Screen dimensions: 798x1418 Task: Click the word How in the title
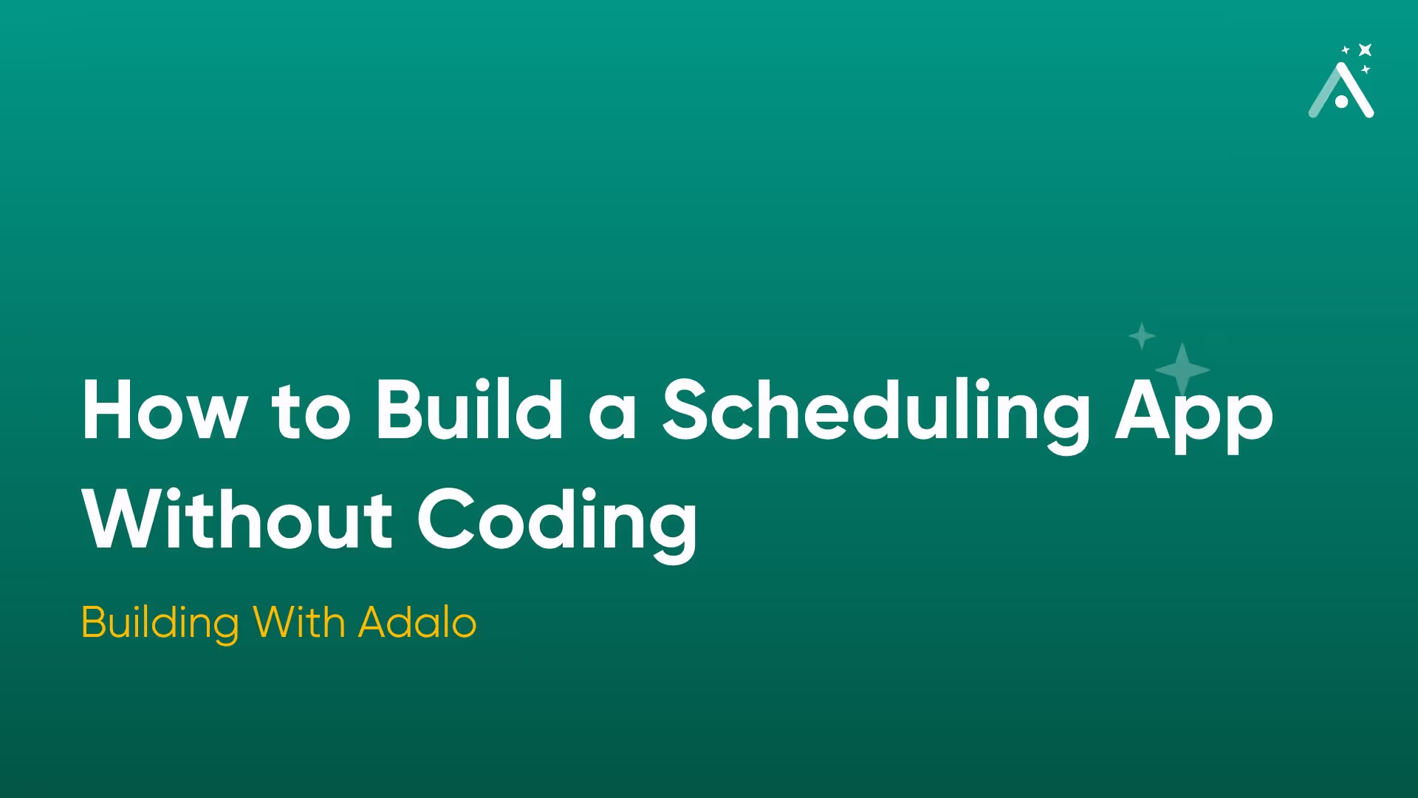coord(164,411)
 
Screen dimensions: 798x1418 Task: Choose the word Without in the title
coord(237,520)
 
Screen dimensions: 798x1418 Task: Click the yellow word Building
coord(160,623)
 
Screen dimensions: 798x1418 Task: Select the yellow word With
coord(298,622)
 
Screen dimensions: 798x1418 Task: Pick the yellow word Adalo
coord(417,622)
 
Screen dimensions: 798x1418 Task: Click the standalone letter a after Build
coord(612,418)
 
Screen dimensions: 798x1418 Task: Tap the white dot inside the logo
coord(1342,102)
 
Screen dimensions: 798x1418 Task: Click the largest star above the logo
coord(1365,50)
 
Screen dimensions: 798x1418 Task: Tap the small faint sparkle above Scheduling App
coord(1142,336)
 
